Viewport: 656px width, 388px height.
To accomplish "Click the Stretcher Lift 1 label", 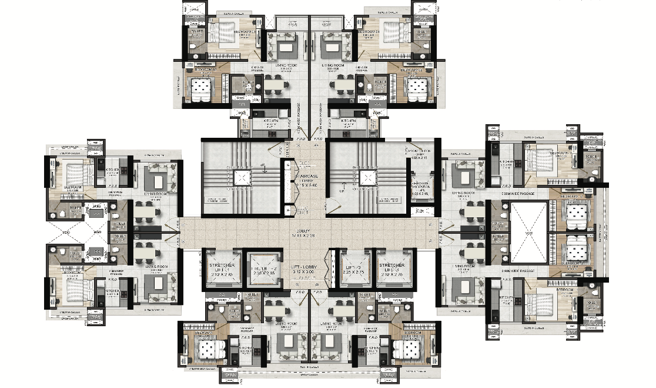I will tap(222, 269).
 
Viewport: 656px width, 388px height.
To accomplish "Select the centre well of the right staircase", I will tap(368, 178).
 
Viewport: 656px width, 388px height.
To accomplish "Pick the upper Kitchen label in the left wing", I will tap(114, 170).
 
